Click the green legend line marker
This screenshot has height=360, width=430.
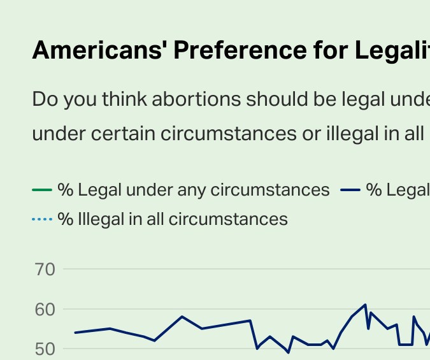pos(42,190)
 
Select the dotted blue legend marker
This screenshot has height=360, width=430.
pos(42,220)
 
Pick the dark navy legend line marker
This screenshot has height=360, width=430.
pos(351,190)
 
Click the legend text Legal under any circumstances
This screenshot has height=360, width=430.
pos(194,190)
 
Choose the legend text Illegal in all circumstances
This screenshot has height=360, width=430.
pos(173,220)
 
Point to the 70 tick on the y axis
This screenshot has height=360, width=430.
pos(45,270)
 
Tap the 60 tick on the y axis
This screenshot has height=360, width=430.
pos(45,310)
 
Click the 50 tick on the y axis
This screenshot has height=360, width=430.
pos(45,349)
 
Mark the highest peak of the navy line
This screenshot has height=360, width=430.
pos(366,305)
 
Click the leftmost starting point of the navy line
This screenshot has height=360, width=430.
pos(75,333)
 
